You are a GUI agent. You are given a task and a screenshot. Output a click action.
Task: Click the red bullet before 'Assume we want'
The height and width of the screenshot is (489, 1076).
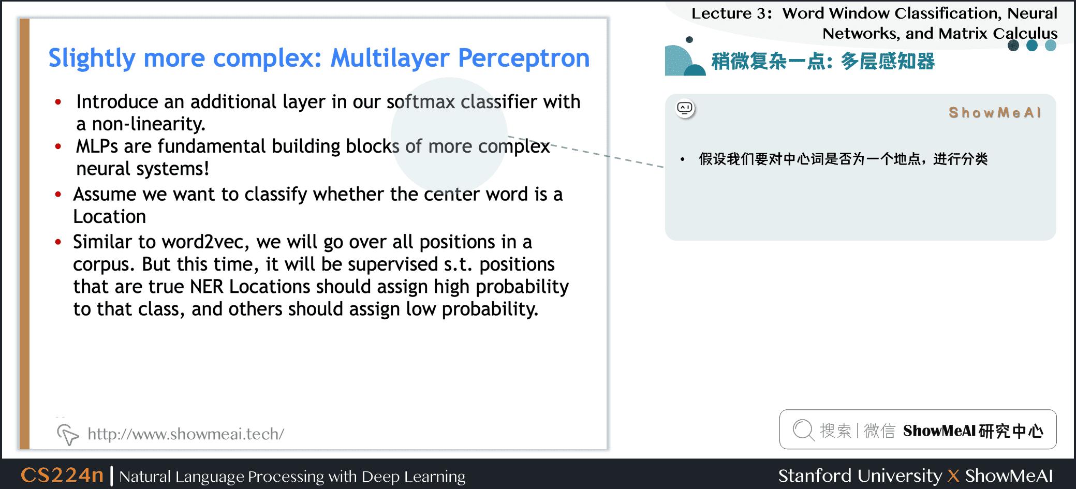point(58,195)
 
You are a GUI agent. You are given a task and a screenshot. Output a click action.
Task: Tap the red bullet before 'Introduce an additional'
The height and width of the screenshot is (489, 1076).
point(58,102)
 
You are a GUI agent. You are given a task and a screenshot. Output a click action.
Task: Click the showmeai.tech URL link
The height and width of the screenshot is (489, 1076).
point(185,434)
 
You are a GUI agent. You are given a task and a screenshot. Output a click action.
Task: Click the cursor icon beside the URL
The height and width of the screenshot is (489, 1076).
point(67,434)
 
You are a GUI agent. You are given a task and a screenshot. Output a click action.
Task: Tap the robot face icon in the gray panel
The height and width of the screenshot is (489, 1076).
point(685,108)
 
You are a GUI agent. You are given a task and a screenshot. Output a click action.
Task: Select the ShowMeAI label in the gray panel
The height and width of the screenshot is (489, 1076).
point(994,113)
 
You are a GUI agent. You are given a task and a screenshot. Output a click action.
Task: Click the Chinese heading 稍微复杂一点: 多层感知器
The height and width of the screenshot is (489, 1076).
point(823,62)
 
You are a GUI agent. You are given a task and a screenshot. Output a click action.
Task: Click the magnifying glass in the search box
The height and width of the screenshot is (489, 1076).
point(803,430)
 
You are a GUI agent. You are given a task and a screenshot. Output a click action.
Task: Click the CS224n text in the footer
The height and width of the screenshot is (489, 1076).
point(62,475)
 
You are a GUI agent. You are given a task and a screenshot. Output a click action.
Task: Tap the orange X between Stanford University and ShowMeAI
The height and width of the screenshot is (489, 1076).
point(953,476)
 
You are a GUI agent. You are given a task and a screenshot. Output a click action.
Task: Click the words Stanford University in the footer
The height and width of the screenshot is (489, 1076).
point(860,476)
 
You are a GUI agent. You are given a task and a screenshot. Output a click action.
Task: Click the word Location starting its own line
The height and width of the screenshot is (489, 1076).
point(109,217)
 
